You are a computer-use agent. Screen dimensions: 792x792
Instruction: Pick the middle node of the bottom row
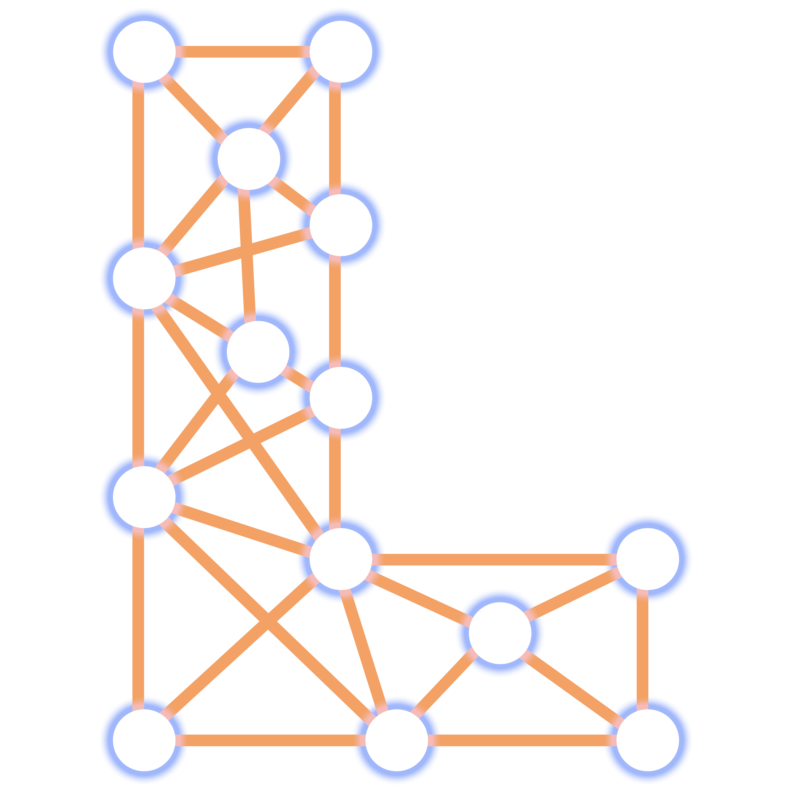[x=396, y=740]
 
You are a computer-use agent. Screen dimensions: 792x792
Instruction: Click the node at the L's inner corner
[x=341, y=559]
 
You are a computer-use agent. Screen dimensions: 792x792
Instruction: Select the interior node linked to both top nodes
[x=249, y=159]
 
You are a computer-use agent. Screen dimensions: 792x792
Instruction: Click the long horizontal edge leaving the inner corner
[x=494, y=559]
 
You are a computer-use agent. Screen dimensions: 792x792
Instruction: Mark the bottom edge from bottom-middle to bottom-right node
[x=522, y=740]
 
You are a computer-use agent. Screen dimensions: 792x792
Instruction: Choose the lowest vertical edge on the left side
[x=139, y=619]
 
